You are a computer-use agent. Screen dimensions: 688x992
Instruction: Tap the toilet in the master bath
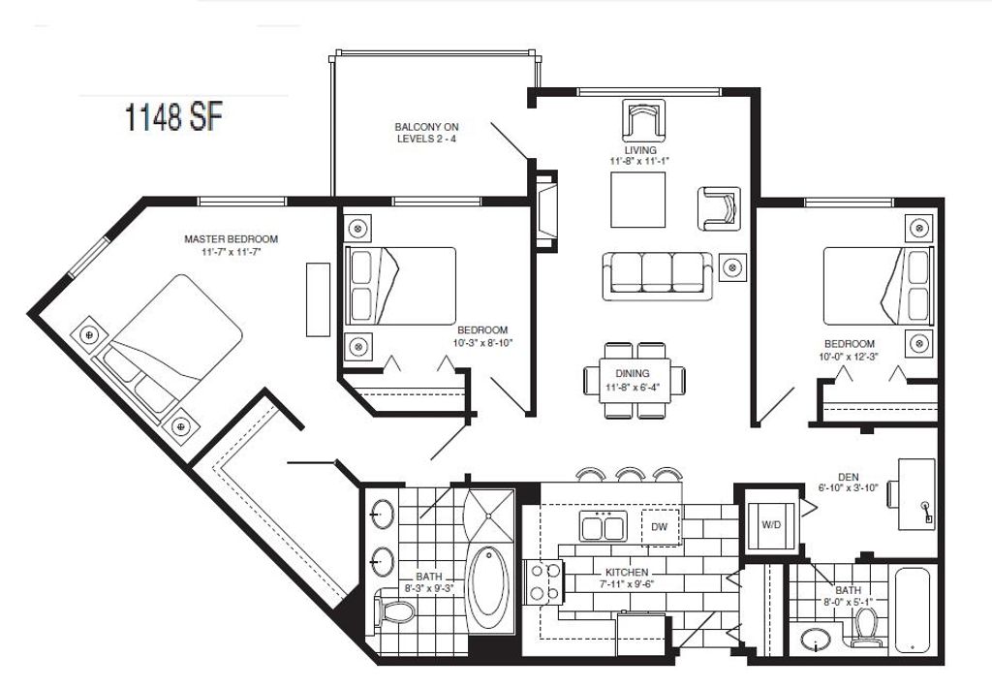[x=396, y=611]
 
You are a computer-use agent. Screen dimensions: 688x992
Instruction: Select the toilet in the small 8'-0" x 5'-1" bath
[x=866, y=628]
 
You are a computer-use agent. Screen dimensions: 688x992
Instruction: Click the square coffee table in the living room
[x=637, y=200]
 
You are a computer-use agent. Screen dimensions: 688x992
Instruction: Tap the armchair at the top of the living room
[x=642, y=121]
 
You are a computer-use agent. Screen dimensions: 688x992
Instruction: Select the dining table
[x=635, y=379]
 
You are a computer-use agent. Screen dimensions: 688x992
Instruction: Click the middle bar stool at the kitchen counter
[x=630, y=473]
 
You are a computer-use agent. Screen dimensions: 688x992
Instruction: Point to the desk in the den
[x=916, y=493]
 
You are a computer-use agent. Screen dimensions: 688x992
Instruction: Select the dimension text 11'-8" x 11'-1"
[x=640, y=162]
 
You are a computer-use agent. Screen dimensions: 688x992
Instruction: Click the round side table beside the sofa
[x=734, y=266]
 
